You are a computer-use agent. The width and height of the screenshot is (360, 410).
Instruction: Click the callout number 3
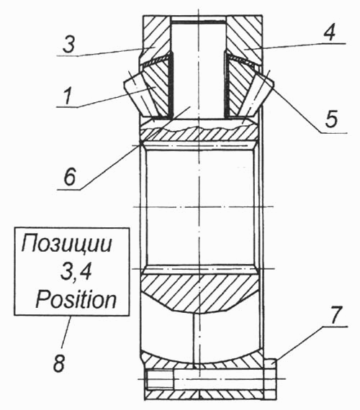pyautogui.click(x=69, y=45)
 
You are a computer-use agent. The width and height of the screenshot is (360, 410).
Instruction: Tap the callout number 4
pyautogui.click(x=329, y=32)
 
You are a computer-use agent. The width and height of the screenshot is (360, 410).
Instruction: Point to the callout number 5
pyautogui.click(x=331, y=119)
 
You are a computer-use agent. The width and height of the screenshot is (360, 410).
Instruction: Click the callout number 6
pyautogui.click(x=69, y=176)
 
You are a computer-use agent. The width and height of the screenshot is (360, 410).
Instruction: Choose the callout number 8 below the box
pyautogui.click(x=59, y=363)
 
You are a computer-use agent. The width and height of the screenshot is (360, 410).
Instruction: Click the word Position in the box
pyautogui.click(x=76, y=300)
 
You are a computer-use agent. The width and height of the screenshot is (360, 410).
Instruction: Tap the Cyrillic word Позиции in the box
pyautogui.click(x=67, y=244)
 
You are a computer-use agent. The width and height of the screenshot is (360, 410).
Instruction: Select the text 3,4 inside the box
pyautogui.click(x=76, y=273)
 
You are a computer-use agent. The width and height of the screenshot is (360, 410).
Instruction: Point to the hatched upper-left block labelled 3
pyautogui.click(x=156, y=40)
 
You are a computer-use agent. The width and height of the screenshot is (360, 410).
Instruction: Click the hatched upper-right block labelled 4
pyautogui.click(x=244, y=40)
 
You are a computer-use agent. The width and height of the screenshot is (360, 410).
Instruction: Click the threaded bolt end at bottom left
pyautogui.click(x=159, y=378)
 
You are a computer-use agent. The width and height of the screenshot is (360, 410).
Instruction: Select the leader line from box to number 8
pyautogui.click(x=66, y=332)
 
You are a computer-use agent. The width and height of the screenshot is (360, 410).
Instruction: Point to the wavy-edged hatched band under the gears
pyautogui.click(x=199, y=133)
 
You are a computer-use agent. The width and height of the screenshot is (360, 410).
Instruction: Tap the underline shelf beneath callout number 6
pyautogui.click(x=69, y=190)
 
